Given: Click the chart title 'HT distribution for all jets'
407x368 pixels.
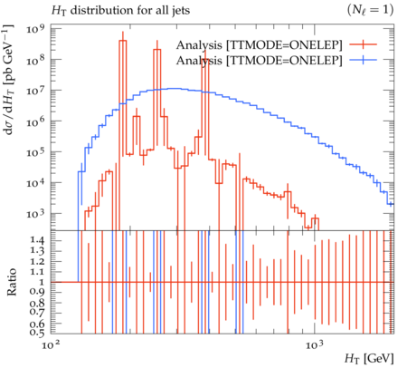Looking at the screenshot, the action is click(x=120, y=11).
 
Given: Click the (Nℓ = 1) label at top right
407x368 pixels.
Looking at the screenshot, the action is click(x=371, y=10).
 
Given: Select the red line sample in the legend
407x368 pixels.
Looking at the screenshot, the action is click(x=364, y=44).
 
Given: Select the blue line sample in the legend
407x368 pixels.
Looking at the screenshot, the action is click(x=364, y=60).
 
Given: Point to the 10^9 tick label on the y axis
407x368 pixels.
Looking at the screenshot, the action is click(x=35, y=29).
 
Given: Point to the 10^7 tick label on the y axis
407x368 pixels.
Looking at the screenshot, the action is click(x=35, y=91).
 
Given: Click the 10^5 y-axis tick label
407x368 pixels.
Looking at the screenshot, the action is click(x=35, y=152).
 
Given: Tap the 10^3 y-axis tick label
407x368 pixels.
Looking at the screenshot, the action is click(x=35, y=214).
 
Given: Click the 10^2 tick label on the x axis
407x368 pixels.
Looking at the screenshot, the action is click(x=50, y=344).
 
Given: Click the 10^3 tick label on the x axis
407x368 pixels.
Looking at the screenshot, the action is click(x=315, y=344).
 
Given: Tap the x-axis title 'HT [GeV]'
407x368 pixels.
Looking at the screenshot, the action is click(x=369, y=359).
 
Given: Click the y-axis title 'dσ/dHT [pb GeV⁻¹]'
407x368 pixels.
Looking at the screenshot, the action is click(x=8, y=79).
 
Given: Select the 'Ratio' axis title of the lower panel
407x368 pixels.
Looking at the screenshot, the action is click(x=12, y=282).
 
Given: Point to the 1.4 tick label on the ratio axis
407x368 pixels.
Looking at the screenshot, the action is click(x=38, y=240).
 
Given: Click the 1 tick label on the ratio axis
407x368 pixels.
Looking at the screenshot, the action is click(x=42, y=282).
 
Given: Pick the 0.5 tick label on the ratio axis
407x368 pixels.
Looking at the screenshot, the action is click(x=38, y=333).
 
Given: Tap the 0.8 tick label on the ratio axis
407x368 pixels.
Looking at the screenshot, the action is click(x=38, y=303).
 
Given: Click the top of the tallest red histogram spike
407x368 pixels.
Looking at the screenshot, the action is click(x=123, y=41).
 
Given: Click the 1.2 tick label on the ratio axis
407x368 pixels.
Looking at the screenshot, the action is click(x=38, y=261).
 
